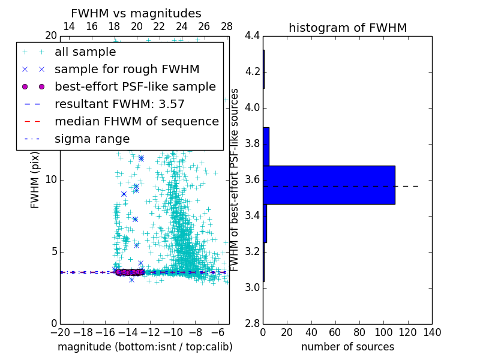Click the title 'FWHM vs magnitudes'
coord(136,14)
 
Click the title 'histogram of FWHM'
coord(347,28)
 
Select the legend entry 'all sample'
coord(85,52)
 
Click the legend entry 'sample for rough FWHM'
coord(127,70)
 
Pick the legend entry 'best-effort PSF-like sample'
coord(135,87)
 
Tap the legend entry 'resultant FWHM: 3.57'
coord(119,104)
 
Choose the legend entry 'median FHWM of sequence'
coord(136,122)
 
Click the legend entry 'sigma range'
coord(92,139)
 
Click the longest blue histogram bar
coord(329,185)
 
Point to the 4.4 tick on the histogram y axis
coord(252,36)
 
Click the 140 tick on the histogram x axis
coord(432,332)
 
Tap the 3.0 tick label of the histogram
coord(252,287)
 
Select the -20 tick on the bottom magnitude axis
coord(60,332)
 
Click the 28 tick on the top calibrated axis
coord(227,27)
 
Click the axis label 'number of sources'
coord(347,347)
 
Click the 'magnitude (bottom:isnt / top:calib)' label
coord(145,347)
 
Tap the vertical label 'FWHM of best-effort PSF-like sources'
coord(235,179)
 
